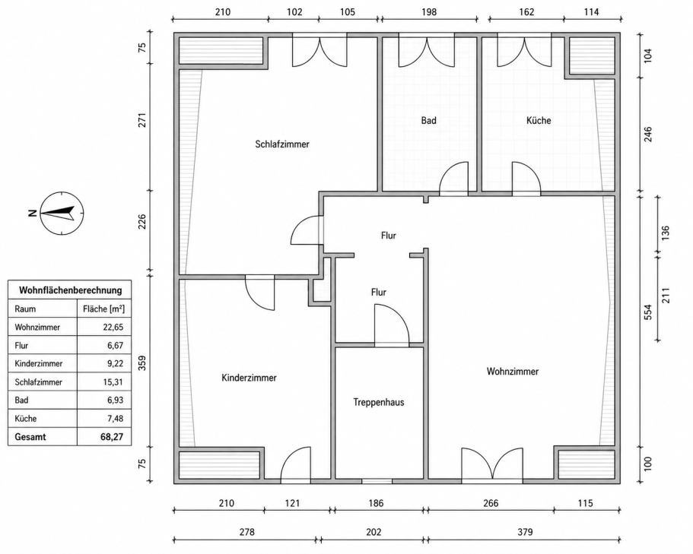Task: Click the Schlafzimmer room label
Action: tap(282, 144)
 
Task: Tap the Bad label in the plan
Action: tap(428, 120)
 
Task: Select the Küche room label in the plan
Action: tap(539, 120)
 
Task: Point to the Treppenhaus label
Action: tap(379, 402)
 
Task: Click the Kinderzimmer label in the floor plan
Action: tap(249, 378)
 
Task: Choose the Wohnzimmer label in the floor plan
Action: tap(512, 372)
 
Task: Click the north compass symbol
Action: tap(62, 213)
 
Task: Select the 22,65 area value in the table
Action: tap(113, 327)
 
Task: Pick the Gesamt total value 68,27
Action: tap(112, 437)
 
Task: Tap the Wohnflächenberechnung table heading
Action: tap(70, 290)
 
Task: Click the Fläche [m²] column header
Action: tap(104, 309)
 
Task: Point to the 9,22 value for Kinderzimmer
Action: tap(115, 364)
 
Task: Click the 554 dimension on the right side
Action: tap(647, 312)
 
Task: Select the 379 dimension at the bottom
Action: tap(525, 532)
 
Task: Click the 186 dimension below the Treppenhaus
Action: tap(376, 503)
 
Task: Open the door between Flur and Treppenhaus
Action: tap(392, 324)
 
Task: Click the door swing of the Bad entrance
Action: tap(453, 178)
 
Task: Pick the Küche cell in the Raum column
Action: tap(26, 419)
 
